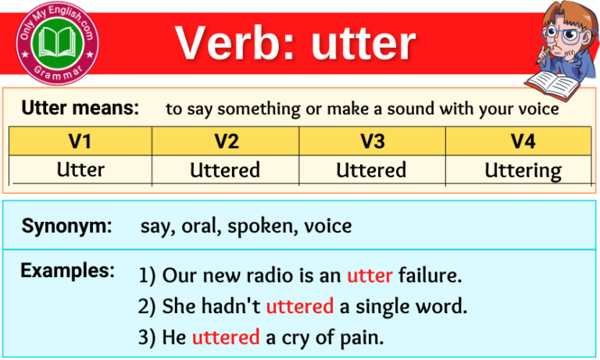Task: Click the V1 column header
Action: coord(80,141)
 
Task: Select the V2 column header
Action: coord(226,141)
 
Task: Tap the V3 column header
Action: coord(372,141)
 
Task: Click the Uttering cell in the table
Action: coord(523,170)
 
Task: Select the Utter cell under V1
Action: coord(80,169)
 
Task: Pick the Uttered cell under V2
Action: coord(226,169)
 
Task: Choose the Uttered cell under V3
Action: coord(371,169)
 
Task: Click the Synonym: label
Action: coord(66,226)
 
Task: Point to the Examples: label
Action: coord(67,271)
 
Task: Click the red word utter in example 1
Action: coord(370,276)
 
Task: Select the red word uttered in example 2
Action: coord(300,307)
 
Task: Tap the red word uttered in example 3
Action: coord(225,337)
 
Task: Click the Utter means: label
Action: coord(80,109)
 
